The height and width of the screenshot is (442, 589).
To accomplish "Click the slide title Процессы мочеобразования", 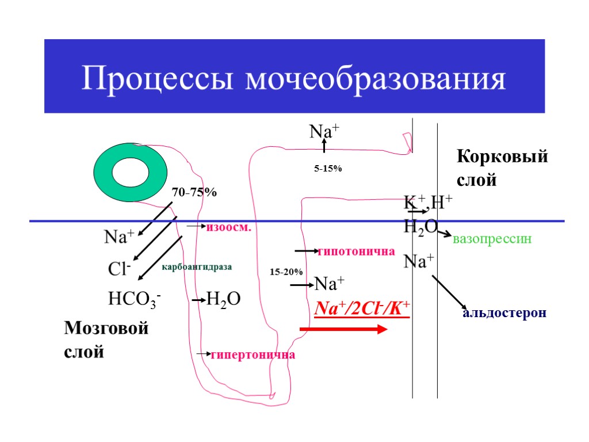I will coord(294,79).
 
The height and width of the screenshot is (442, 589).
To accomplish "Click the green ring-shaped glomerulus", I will coord(131,173).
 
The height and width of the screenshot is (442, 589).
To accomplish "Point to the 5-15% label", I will coord(328,169).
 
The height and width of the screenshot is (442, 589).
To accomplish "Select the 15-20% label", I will coord(286,271).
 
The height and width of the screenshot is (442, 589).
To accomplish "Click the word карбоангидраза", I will coord(197,267).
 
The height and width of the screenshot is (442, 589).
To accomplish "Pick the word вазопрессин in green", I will coord(491,239).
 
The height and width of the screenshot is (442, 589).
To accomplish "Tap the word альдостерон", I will coord(504,314).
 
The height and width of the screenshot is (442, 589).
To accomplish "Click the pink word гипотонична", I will coord(356,252).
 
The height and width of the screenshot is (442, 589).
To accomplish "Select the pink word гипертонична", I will coord(253,355).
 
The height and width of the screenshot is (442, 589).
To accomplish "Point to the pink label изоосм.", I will coord(230,227).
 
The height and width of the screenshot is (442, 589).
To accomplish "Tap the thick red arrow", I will coord(343,329).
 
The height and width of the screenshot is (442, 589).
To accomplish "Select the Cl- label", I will coord(120,269).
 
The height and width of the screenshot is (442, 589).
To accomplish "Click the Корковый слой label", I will coord(502,168).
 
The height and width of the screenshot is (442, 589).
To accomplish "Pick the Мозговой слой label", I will coord(106,340).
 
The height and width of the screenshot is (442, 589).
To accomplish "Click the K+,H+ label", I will coord(428,203).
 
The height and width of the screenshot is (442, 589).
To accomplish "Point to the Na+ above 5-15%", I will coord(324,132).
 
